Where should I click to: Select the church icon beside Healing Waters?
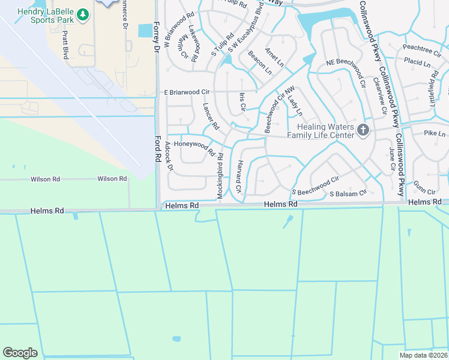point(362,130)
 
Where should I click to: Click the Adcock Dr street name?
point(170,161)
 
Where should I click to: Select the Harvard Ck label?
point(239,176)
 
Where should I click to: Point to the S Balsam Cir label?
point(348,194)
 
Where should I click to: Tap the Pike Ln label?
point(435,133)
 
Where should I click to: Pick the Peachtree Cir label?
point(422,46)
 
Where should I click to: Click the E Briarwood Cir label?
point(186,92)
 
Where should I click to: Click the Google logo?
point(20,353)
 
